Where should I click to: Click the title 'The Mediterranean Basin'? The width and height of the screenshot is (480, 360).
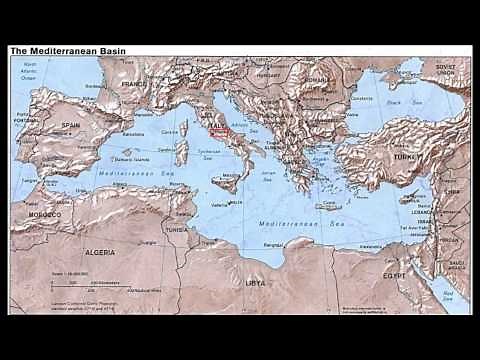click(67, 49)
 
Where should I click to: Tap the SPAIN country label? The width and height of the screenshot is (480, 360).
click(70, 125)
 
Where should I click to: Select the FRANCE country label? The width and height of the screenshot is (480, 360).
click(134, 85)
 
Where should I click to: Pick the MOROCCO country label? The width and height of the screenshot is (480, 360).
click(43, 215)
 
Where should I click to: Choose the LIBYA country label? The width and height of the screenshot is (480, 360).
click(255, 284)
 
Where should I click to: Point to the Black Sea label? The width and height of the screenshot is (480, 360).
click(398, 103)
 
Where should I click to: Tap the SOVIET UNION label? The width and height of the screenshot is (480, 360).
click(444, 68)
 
